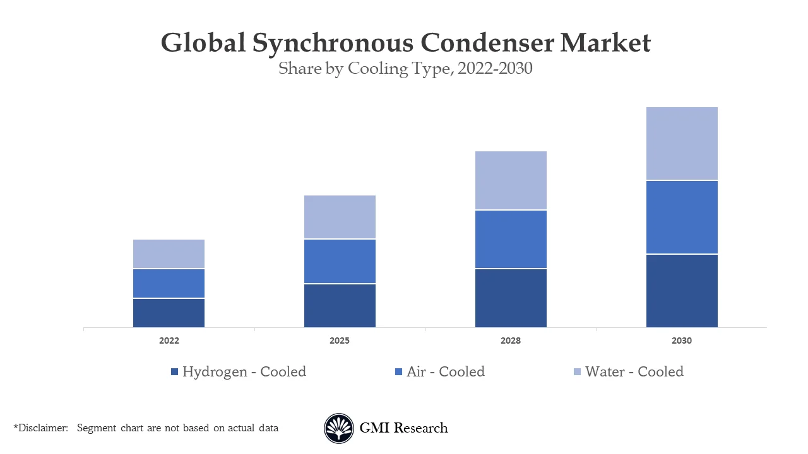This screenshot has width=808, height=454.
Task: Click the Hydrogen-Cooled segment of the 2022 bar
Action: click(x=169, y=313)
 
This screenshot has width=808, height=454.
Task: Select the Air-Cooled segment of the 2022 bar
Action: click(x=169, y=283)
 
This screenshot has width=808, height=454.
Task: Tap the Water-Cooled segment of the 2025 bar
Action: click(x=340, y=217)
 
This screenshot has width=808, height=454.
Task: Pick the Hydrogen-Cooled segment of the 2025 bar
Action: click(x=340, y=306)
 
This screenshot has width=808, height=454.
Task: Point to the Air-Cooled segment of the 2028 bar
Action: click(x=511, y=239)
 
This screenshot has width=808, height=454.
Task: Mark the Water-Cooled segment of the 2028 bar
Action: click(x=511, y=180)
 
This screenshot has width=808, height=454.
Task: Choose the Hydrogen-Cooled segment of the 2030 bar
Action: click(x=682, y=291)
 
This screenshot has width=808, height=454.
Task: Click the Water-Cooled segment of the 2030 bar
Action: click(x=682, y=144)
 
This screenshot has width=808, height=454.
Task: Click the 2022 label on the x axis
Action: click(x=169, y=340)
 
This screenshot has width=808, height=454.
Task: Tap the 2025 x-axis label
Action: click(x=340, y=340)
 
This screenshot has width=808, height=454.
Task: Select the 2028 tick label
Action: click(x=511, y=340)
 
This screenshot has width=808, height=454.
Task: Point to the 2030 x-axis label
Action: click(x=682, y=340)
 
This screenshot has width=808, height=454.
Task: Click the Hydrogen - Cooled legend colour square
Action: click(x=175, y=372)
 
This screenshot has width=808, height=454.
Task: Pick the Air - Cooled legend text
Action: click(x=446, y=371)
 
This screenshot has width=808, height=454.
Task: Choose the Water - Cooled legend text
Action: click(x=634, y=371)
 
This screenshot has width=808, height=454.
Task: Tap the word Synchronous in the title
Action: click(x=333, y=43)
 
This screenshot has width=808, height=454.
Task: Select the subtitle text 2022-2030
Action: click(x=495, y=68)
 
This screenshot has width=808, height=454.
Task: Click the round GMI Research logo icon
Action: click(x=339, y=428)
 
